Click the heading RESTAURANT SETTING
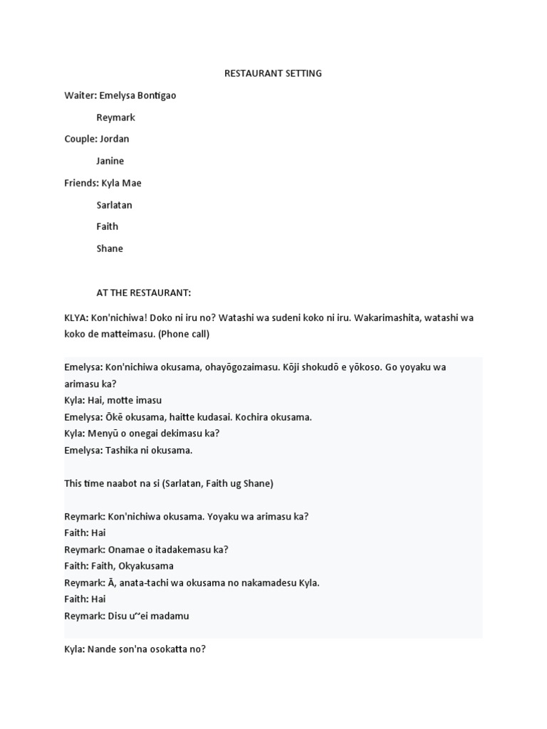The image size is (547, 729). coord(273,73)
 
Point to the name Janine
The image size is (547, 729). coord(110,161)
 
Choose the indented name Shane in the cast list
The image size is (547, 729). coord(110,248)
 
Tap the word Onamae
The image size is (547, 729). coord(127,550)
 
